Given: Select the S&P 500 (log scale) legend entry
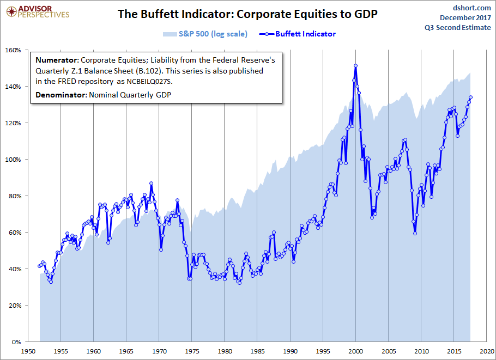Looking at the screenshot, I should pos(212,34).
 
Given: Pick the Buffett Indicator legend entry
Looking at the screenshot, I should pos(305,34).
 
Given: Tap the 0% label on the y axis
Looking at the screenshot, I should pos(16,342).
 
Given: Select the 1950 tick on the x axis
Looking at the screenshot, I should pos(28,351).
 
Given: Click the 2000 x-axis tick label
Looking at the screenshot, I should pos(356,351).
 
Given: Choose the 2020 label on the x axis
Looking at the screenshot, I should pos(487,351).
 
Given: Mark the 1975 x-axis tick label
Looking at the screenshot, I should pos(192,351).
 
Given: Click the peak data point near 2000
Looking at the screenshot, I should pos(355,66).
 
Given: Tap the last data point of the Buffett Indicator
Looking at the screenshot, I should pos(470,97).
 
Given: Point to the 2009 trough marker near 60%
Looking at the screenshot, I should pos(415,233).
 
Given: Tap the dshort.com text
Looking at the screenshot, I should pos(471,8).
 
